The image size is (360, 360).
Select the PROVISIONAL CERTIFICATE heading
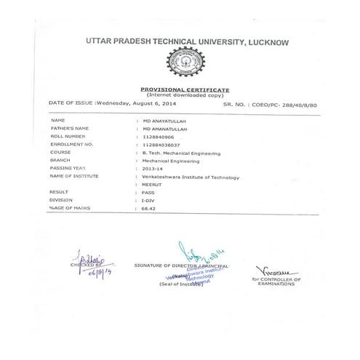[185, 89]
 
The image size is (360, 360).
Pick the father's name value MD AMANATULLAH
[167, 129]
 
